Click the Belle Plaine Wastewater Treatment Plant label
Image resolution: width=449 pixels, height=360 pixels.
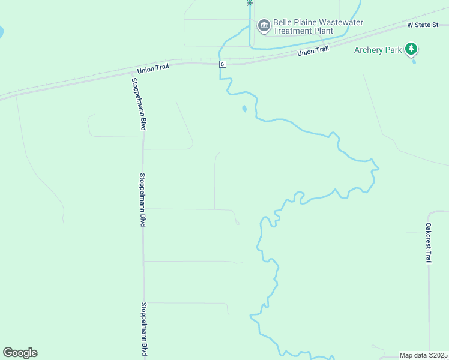318,26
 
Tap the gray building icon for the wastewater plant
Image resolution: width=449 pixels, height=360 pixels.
264,26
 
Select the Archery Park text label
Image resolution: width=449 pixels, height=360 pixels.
378,50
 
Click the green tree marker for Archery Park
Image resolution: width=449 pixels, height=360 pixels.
411,49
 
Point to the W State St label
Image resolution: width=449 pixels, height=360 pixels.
427,25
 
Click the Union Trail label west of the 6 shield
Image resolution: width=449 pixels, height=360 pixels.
152,68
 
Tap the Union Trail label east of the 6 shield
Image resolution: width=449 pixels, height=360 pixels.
313,52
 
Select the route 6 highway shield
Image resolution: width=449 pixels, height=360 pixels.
222,64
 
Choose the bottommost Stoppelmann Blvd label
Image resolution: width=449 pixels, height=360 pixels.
144,330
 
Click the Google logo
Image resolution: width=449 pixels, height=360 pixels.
20,353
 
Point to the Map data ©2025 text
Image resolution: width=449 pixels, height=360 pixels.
424,355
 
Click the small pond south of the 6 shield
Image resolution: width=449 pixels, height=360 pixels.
244,109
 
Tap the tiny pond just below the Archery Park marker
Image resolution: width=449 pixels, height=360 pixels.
414,61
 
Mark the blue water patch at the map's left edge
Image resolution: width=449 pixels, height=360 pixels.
1,31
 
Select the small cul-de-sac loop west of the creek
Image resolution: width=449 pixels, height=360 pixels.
237,223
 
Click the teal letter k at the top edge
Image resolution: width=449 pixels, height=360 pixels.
249,2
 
